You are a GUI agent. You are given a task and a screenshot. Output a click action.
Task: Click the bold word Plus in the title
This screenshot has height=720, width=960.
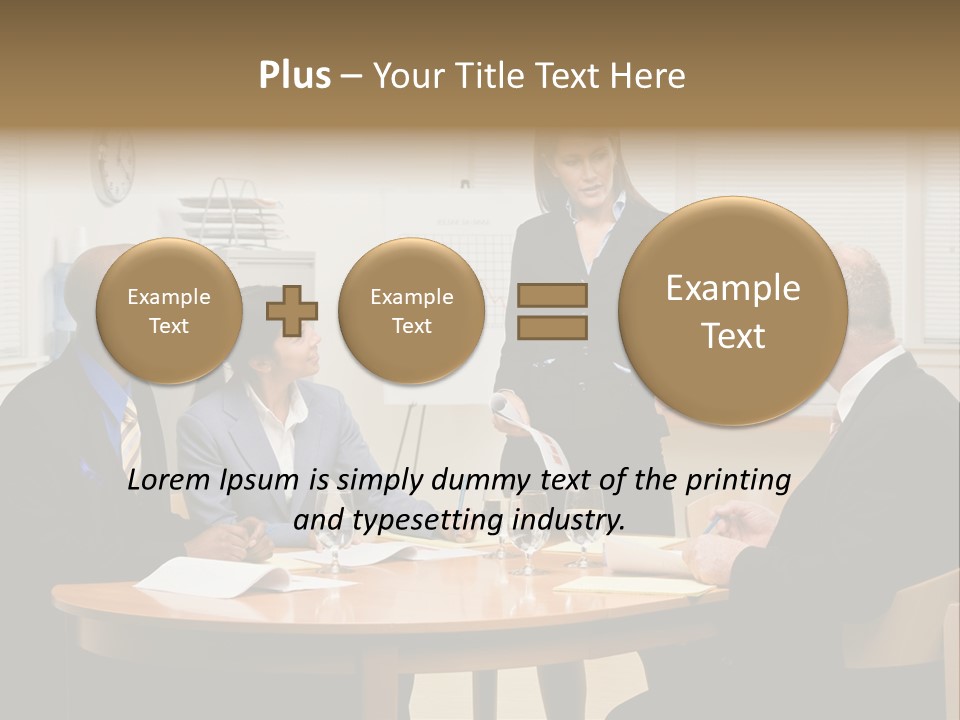[x=294, y=76]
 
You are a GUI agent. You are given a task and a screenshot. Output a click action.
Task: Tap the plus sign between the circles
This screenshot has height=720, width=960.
[x=292, y=310]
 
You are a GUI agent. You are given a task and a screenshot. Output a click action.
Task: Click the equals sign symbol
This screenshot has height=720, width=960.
[x=552, y=310]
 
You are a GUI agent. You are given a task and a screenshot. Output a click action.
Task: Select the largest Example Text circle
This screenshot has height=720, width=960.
[x=733, y=311]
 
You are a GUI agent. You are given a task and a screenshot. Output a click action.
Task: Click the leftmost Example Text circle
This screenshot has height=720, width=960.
[x=168, y=311]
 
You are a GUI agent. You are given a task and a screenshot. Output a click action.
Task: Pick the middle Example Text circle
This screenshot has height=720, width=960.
[x=411, y=311]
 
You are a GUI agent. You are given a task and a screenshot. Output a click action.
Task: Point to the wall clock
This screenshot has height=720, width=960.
[x=113, y=166]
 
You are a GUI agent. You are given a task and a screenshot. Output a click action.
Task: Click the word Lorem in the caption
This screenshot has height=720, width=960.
[x=170, y=480]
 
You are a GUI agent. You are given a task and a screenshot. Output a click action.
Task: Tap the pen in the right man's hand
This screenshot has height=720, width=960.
[x=712, y=524]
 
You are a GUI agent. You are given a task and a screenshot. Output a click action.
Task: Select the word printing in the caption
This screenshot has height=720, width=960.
[x=738, y=480]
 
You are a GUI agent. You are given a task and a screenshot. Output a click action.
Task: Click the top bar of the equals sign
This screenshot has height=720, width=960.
[x=552, y=295]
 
